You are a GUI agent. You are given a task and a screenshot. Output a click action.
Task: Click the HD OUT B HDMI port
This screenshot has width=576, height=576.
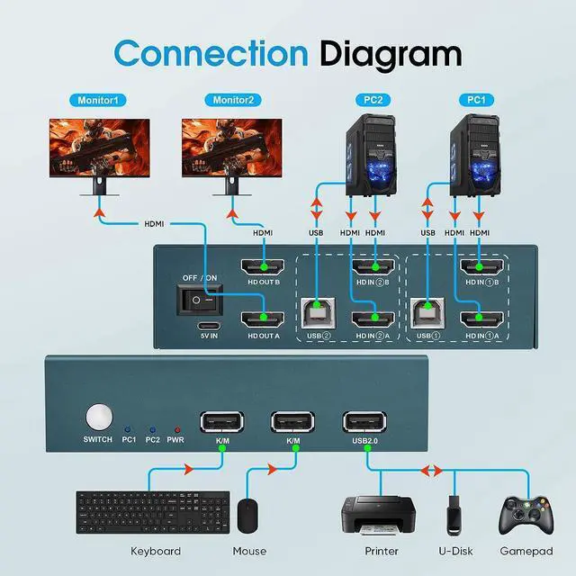(262, 267)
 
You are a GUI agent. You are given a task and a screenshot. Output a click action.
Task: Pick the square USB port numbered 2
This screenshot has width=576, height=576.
(321, 311)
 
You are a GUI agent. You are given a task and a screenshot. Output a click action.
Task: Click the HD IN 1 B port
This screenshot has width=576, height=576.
(481, 267)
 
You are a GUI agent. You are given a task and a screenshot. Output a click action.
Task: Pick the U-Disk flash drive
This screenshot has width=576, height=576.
(455, 517)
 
